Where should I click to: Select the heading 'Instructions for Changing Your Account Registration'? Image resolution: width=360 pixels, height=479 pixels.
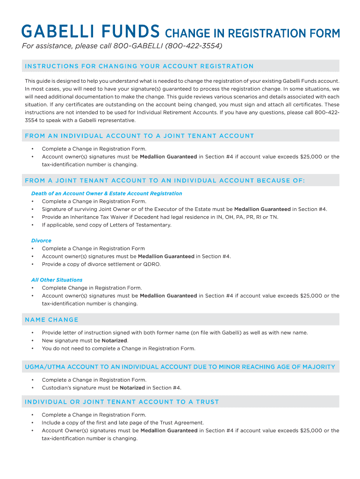click(x=139, y=66)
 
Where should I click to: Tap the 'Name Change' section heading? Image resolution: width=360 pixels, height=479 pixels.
click(x=51, y=319)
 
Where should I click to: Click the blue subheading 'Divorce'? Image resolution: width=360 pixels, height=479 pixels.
click(x=41, y=240)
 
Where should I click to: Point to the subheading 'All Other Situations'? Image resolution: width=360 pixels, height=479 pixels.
click(x=57, y=280)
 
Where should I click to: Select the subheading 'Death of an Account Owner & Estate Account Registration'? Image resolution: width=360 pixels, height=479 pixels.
click(x=107, y=193)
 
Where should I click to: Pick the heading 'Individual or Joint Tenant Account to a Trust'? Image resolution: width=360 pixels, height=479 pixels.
click(x=122, y=402)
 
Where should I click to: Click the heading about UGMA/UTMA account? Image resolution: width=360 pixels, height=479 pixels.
click(x=180, y=367)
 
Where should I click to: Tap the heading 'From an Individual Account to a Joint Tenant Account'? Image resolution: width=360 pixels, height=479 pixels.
click(x=139, y=136)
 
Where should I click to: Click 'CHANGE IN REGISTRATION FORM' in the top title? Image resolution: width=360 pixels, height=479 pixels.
click(x=252, y=33)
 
